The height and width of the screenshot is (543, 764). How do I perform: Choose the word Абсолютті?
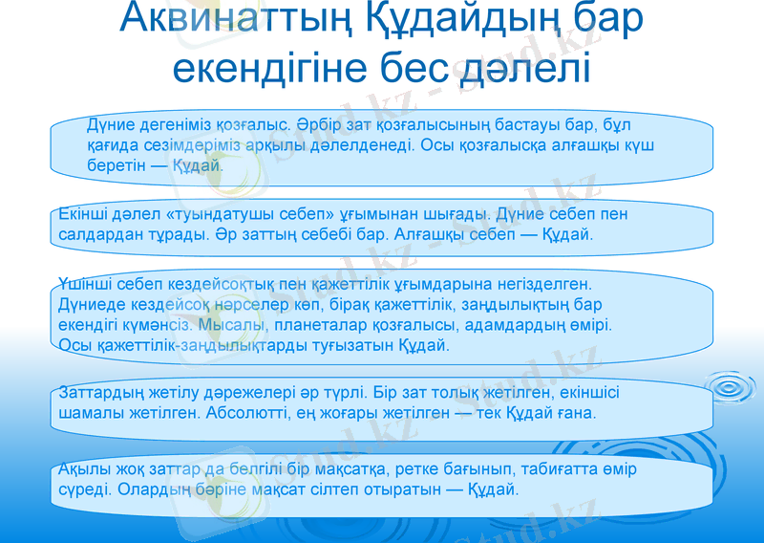click(x=252, y=412)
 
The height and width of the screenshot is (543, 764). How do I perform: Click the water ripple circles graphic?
click(x=732, y=389)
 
